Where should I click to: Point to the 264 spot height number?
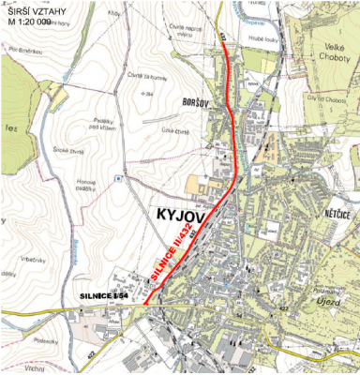pos(148,95)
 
